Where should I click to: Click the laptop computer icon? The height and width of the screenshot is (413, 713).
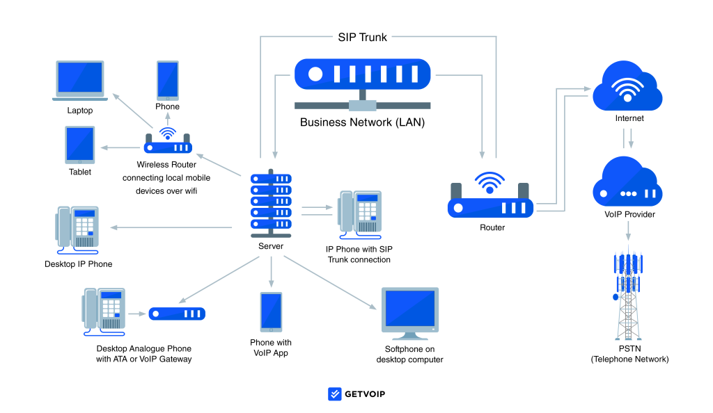point(80,79)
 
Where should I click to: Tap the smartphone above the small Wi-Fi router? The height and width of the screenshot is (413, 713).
point(168,80)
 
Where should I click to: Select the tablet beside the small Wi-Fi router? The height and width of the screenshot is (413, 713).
point(80,145)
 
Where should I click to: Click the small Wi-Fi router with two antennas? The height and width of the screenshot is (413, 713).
point(167,145)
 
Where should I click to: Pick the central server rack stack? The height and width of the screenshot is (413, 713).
point(271,202)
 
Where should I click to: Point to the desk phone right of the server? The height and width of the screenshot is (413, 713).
point(361,213)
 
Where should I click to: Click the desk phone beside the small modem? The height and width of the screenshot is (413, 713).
point(104,310)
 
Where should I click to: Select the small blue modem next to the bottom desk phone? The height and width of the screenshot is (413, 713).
point(177,314)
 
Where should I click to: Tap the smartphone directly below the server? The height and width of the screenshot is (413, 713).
point(271,311)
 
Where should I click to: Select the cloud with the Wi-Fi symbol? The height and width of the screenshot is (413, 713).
point(627,88)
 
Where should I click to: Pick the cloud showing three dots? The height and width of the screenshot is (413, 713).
point(627,184)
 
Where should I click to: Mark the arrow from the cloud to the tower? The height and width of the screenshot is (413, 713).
point(628,231)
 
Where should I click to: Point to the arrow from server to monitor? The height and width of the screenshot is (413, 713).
point(330,282)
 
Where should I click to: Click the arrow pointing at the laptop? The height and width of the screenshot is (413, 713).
point(132,110)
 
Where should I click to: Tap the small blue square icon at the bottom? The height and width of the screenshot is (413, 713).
point(335,394)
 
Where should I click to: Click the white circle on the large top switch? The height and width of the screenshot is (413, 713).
point(315,74)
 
